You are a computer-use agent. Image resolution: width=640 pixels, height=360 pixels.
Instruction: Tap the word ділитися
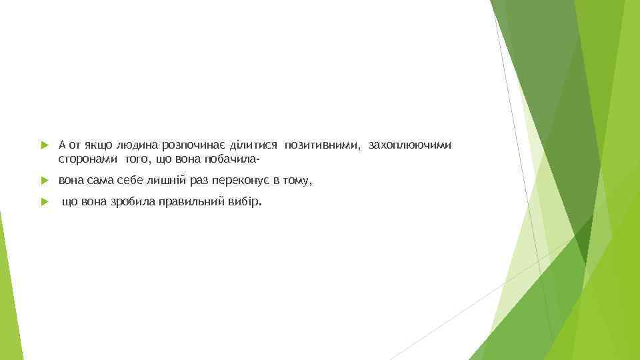click(x=254, y=145)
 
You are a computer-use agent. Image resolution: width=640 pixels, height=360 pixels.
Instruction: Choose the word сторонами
click(x=87, y=159)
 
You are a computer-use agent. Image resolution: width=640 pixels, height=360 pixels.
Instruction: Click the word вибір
click(x=245, y=202)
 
